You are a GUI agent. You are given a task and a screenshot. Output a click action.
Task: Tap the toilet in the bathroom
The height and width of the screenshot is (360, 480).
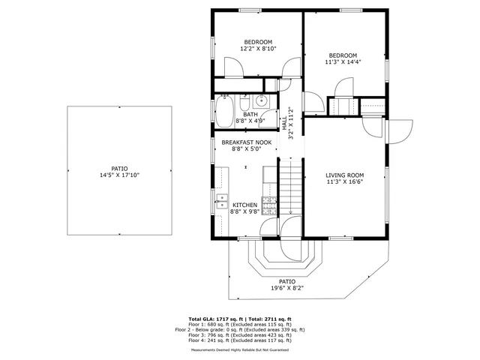coord(244,100)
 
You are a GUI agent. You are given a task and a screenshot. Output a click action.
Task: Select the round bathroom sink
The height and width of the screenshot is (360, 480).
coord(262,101)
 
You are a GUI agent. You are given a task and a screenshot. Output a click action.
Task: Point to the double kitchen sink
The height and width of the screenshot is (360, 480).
coord(223,199)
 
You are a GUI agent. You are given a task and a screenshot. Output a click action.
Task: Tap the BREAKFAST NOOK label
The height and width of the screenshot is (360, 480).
coord(246,142)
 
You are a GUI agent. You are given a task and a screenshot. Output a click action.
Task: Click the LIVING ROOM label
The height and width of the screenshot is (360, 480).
coord(345,175)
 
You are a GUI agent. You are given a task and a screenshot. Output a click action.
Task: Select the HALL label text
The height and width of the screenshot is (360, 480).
coord(284,129)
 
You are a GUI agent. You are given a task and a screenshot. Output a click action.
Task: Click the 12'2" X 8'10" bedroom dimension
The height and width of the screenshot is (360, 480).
coord(258,48)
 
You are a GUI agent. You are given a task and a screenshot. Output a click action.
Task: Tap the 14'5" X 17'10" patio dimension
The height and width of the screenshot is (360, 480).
coord(120,175)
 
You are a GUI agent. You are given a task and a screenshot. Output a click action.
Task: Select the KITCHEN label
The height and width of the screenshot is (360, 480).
coord(244,205)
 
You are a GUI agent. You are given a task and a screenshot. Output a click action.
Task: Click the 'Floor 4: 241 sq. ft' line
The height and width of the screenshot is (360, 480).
coord(240,340)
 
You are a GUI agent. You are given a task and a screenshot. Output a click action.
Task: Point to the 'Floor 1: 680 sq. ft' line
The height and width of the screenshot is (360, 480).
coord(240,325)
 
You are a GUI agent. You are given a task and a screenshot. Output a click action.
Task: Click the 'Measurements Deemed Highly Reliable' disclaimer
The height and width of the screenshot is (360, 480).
coord(240,349)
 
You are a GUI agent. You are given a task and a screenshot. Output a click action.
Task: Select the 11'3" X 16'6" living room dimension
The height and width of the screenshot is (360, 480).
coord(345,181)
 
